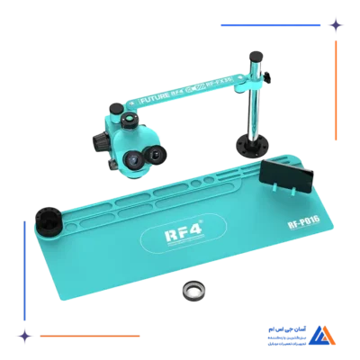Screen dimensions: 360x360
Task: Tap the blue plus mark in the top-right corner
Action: [x=334, y=26]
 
